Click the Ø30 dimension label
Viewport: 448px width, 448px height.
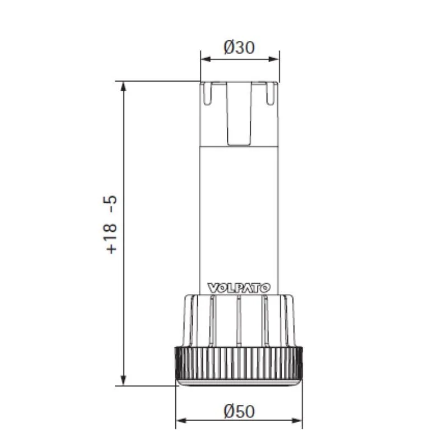click(239, 47)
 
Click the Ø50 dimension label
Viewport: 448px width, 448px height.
click(239, 411)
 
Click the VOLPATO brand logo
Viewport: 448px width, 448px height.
click(239, 288)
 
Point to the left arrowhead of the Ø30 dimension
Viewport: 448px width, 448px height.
click(206, 59)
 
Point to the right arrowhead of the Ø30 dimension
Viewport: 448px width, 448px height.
click(274, 59)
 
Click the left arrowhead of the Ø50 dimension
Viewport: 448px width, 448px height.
click(181, 421)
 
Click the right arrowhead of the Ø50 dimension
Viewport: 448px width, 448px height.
click(297, 421)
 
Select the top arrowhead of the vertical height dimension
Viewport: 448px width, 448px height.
click(123, 87)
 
